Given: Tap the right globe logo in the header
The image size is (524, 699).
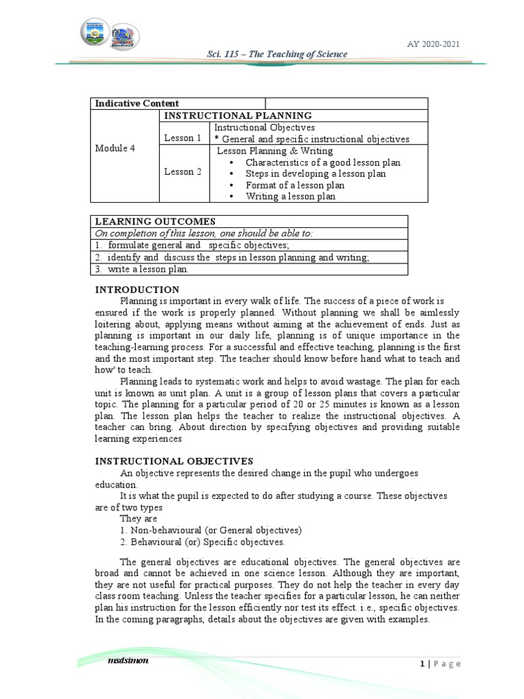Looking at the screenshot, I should pos(125,35).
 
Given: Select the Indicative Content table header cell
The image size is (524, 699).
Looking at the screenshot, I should pos(137,103).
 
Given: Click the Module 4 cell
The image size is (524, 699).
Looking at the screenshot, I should pos(115,149).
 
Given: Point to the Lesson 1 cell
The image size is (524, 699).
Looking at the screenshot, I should pos(183,138).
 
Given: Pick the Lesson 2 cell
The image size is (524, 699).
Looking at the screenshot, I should pos(183,172).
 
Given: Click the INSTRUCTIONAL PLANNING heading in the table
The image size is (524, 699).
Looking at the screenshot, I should pos(238,115).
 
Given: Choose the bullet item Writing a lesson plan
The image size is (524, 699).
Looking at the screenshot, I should pos(290,197).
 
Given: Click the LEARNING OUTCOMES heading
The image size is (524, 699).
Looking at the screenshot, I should pos(155,221).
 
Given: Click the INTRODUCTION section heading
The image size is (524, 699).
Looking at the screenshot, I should pos(137,289).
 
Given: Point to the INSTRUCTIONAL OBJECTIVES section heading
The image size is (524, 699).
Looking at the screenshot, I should pos(174,461).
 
